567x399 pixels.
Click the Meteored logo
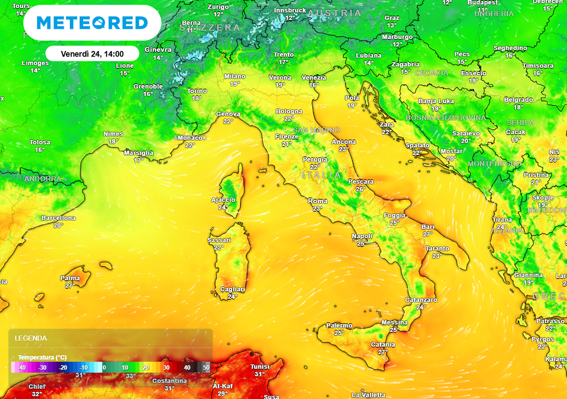[92, 23]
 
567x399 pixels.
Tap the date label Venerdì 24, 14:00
[92, 54]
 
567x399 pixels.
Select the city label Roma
[318, 201]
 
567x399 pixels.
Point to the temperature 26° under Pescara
[361, 189]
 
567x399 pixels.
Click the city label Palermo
[339, 325]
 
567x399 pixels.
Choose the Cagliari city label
[233, 289]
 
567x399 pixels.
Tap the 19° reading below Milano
[235, 84]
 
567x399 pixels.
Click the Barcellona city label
[58, 218]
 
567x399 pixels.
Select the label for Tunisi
[260, 367]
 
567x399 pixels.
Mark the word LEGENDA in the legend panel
[31, 338]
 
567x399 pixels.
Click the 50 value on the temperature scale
[206, 367]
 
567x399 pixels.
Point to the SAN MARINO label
[316, 130]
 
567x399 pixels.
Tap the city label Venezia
[314, 78]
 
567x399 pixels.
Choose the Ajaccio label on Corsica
[224, 200]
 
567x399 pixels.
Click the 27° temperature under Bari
[428, 234]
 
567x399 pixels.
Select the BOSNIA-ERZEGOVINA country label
[446, 118]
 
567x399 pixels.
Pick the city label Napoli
[362, 237]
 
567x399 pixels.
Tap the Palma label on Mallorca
[70, 278]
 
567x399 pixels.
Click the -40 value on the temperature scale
[22, 367]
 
